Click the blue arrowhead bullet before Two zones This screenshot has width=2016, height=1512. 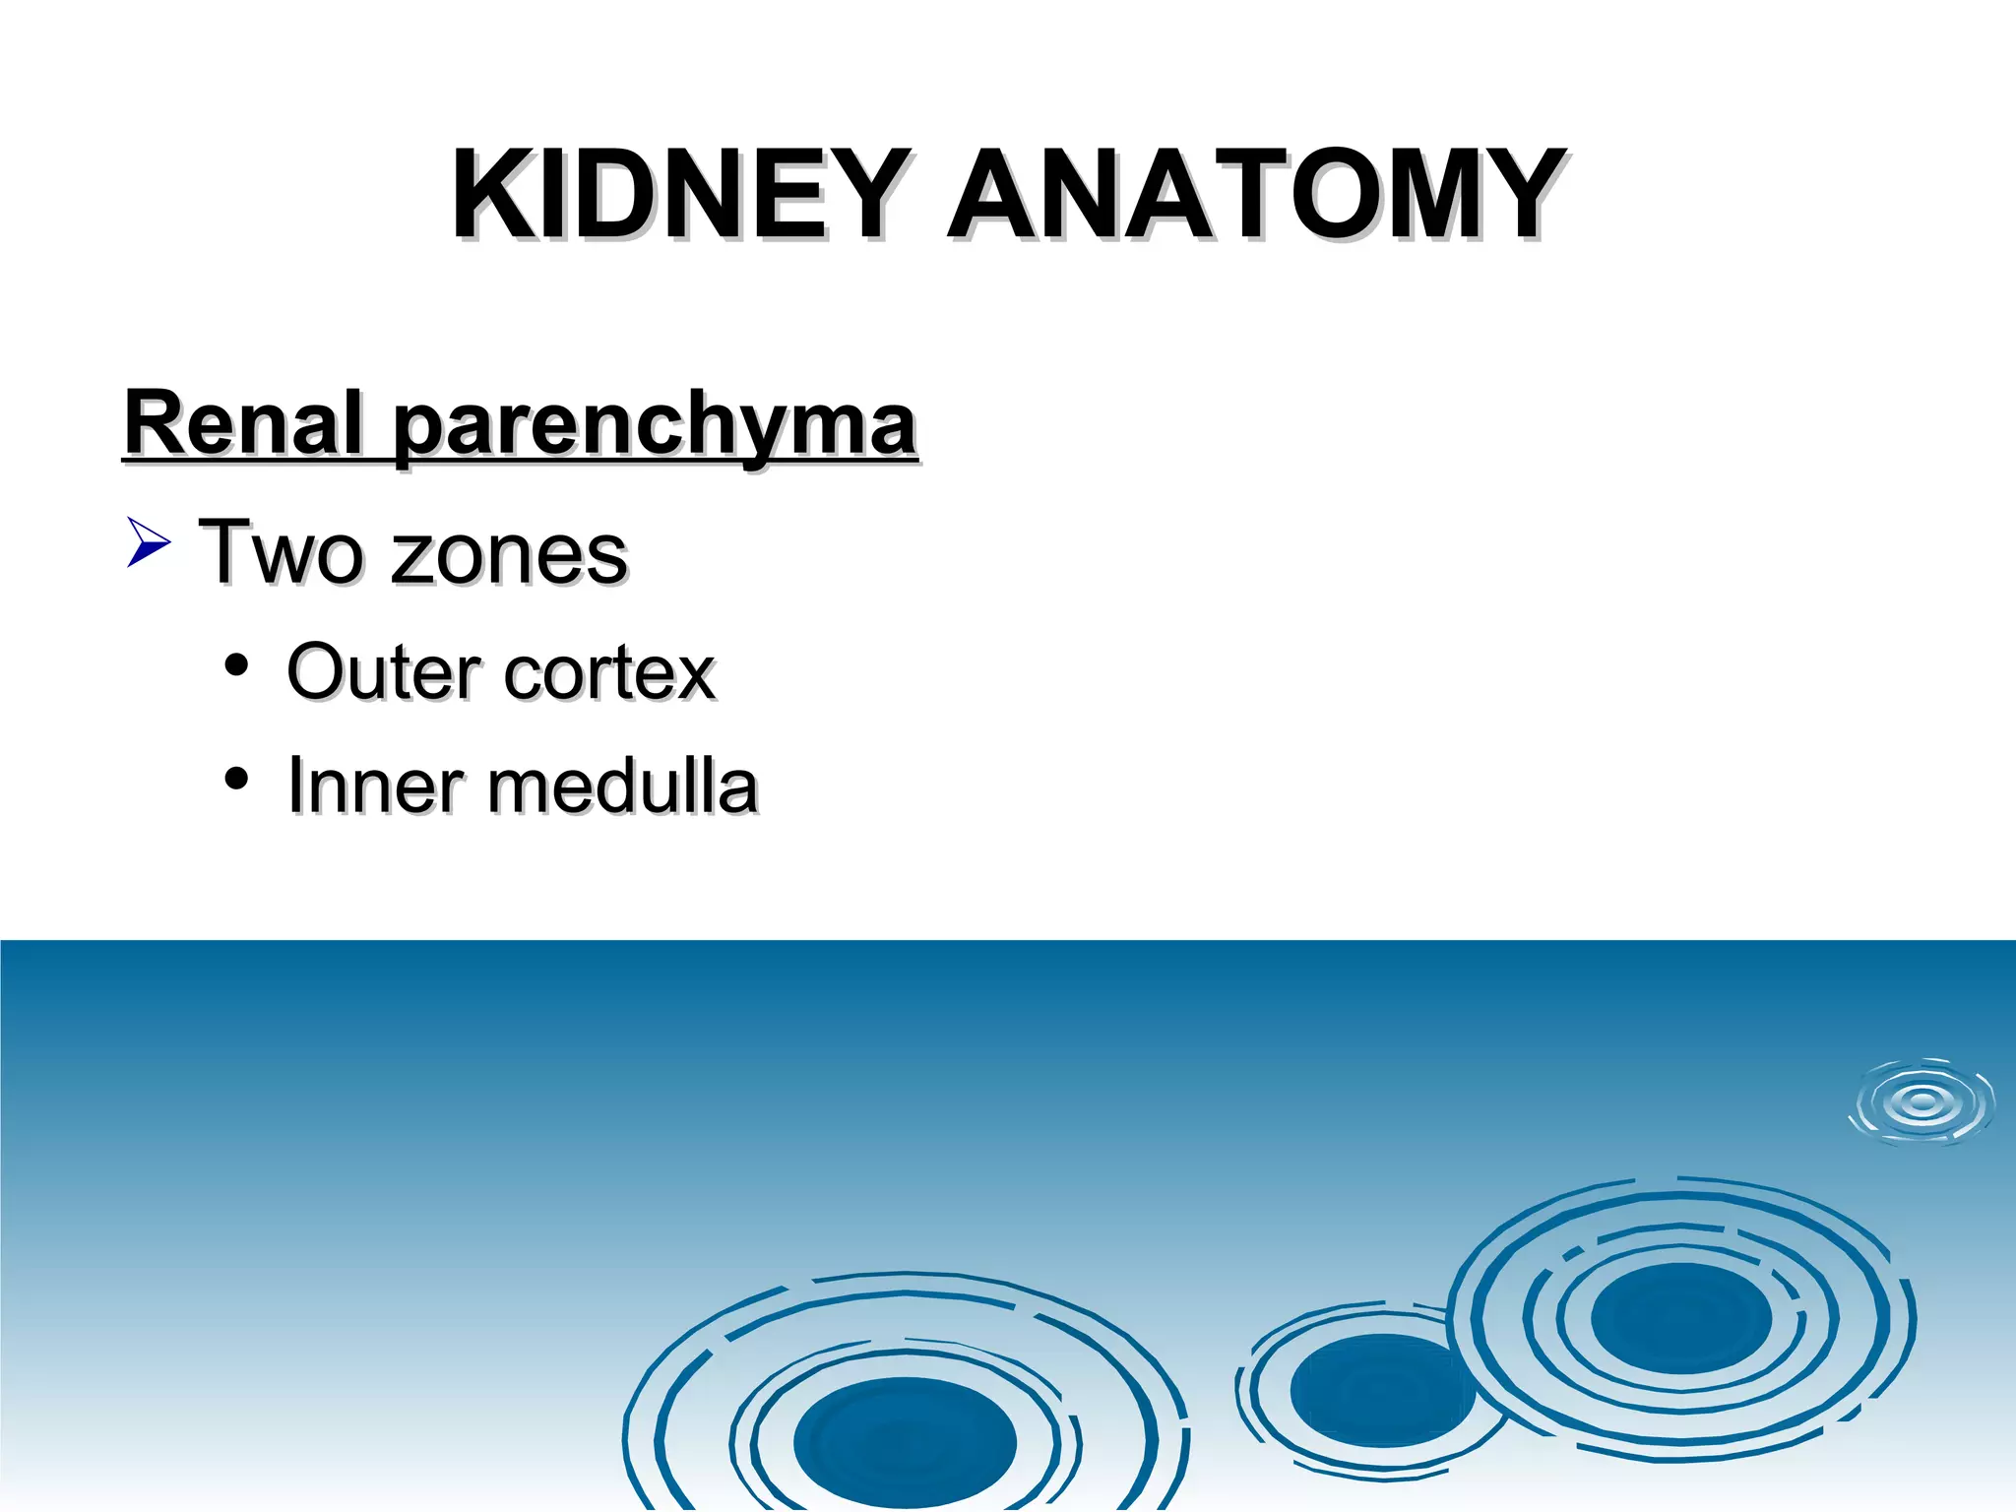click(149, 543)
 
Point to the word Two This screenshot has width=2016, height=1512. click(280, 553)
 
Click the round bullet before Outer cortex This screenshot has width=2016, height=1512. click(235, 664)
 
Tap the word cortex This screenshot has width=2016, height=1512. click(609, 674)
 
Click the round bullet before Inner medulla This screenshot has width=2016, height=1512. click(235, 779)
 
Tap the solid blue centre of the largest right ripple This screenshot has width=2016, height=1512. click(1680, 1317)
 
